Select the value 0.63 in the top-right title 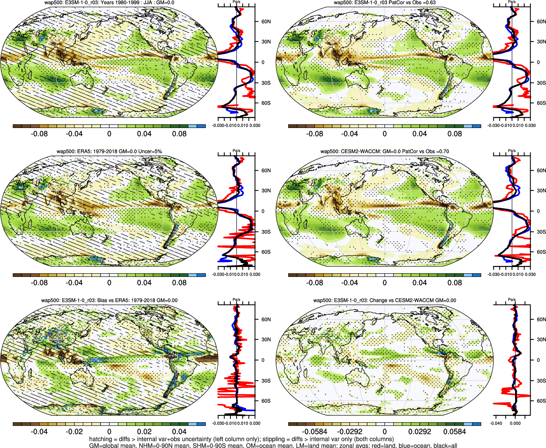coord(430,3)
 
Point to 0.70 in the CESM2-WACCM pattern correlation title coord(444,152)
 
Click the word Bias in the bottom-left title coord(103,301)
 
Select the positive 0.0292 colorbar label coord(420,432)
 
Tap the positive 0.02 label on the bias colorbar coord(144,432)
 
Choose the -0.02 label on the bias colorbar coord(74,432)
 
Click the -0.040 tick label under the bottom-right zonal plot coord(496,423)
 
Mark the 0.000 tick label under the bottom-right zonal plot coord(515,423)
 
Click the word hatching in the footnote coord(101,439)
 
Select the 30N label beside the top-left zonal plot coord(266,42)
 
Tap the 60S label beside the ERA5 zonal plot coord(266,252)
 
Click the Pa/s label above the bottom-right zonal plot coord(512,300)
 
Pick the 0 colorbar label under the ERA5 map coord(109,283)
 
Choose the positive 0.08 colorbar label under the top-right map coord(455,134)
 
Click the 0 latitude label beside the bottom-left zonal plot coord(263,360)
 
